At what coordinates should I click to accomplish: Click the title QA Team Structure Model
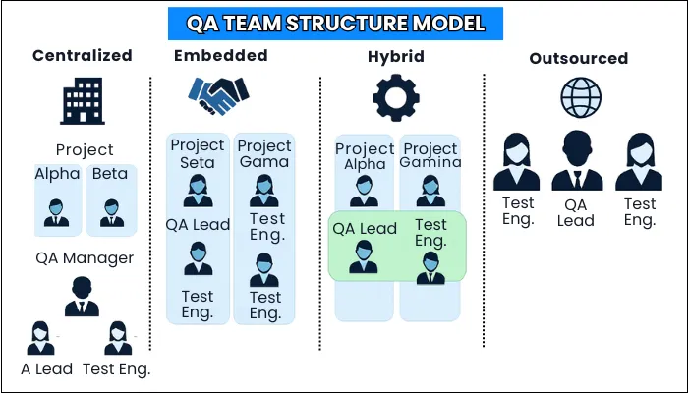pyautogui.click(x=344, y=22)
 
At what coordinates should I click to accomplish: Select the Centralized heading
pyautogui.click(x=83, y=55)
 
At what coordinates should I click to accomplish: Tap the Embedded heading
pyautogui.click(x=222, y=55)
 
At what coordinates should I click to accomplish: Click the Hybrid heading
pyautogui.click(x=397, y=56)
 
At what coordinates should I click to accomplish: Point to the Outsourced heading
pyautogui.click(x=578, y=58)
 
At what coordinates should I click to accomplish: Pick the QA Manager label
pyautogui.click(x=85, y=258)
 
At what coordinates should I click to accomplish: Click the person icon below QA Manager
pyautogui.click(x=85, y=295)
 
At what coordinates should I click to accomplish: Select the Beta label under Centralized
pyautogui.click(x=111, y=174)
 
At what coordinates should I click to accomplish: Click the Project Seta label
pyautogui.click(x=198, y=153)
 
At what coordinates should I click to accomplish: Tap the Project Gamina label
pyautogui.click(x=430, y=155)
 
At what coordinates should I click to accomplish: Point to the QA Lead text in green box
pyautogui.click(x=365, y=229)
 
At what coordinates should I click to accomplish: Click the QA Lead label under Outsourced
pyautogui.click(x=576, y=212)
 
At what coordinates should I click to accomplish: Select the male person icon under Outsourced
pyautogui.click(x=577, y=162)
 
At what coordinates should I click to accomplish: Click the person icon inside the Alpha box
pyautogui.click(x=57, y=212)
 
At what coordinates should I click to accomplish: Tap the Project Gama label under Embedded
pyautogui.click(x=264, y=153)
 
